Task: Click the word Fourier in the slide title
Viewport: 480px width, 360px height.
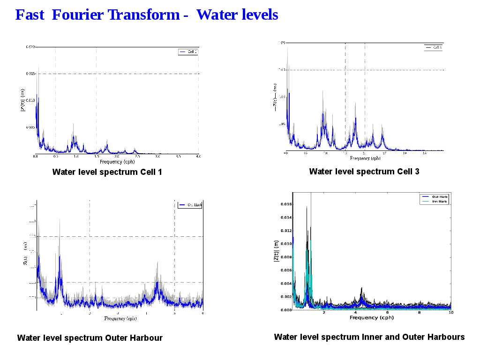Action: [78, 15]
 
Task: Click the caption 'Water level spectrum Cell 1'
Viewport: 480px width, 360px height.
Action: [107, 172]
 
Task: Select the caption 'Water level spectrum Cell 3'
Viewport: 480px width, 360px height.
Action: [364, 172]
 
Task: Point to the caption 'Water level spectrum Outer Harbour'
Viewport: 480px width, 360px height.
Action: [90, 338]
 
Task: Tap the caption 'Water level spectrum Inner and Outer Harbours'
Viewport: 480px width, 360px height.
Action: [369, 337]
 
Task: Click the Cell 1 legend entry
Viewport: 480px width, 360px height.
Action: [188, 52]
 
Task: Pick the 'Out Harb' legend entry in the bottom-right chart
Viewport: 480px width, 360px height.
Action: [435, 197]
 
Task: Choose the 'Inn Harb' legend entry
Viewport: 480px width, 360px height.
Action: [435, 202]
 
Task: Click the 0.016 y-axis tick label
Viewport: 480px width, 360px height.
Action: [285, 204]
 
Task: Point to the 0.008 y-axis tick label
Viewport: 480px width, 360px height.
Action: [285, 257]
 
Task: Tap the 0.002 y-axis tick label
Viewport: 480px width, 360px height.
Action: [285, 297]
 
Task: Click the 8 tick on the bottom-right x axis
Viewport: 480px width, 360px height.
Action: [419, 313]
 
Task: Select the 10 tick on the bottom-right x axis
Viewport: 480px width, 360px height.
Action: [450, 313]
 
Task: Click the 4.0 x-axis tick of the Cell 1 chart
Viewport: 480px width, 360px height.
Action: [199, 156]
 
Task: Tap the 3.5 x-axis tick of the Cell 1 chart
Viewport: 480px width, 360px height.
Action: [179, 156]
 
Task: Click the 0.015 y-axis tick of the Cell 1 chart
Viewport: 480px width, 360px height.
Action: [30, 74]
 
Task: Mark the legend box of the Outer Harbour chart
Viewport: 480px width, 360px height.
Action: [190, 205]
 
